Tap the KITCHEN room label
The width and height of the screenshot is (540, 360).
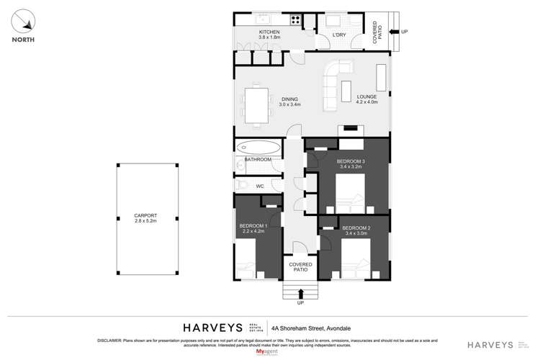point(269,34)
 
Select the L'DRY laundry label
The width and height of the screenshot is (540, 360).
point(340,35)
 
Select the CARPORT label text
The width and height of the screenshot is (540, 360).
point(145,215)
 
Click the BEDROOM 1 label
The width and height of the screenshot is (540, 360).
point(253,226)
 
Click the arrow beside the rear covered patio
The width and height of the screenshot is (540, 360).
point(393,32)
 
